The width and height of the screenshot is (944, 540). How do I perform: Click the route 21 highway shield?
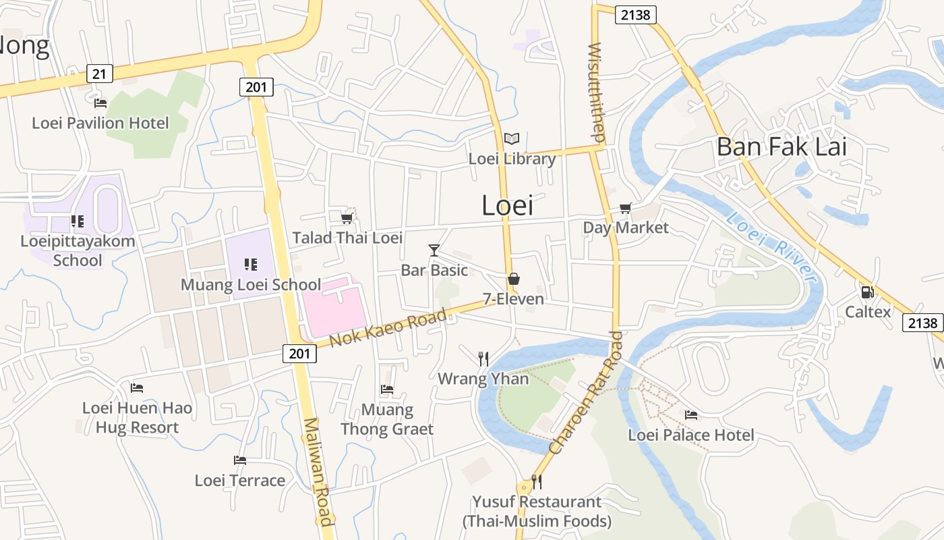coord(99,74)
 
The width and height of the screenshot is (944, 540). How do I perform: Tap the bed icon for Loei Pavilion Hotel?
coord(100,103)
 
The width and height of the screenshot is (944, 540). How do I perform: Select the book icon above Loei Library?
coord(512,139)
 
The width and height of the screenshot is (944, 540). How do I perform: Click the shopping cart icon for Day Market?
coord(626,208)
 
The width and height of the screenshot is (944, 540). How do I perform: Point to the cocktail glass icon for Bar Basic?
coord(434,250)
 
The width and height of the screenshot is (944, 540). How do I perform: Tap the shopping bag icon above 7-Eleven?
coord(514,279)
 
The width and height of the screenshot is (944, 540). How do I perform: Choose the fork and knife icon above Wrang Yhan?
coord(483,358)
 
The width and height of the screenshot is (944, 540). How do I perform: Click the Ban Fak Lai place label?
coord(781,146)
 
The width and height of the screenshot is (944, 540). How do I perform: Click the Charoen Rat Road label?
coord(585,393)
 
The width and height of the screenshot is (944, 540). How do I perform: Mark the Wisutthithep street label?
coord(597,92)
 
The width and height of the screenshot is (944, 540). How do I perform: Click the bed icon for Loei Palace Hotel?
coord(691,415)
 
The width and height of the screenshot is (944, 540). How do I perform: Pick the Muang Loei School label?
coord(251,285)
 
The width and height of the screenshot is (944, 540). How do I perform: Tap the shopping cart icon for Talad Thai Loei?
coord(347,218)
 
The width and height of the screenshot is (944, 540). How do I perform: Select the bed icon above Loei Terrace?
coord(240,460)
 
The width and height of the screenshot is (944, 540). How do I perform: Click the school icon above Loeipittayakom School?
coord(78,221)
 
